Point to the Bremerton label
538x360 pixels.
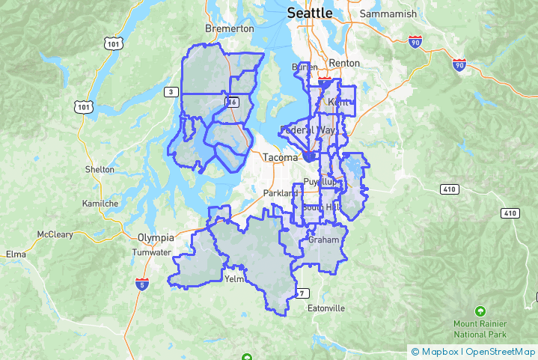230,28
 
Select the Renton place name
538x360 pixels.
344,63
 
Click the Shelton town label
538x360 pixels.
100,170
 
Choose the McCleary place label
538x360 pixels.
55,234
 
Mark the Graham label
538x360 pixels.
323,240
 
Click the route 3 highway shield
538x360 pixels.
171,91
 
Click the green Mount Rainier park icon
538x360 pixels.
480,311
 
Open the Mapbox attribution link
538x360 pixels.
438,351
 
